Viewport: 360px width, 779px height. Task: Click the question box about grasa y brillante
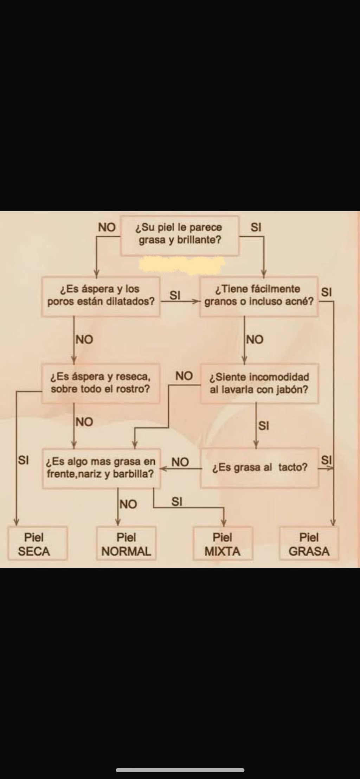(180, 235)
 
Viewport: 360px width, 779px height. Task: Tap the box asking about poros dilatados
(101, 296)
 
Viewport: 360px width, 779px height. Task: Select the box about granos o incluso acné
(259, 296)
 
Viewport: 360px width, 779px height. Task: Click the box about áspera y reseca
(101, 383)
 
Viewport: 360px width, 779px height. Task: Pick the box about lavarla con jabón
(259, 383)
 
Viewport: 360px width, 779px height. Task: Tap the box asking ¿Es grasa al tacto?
(260, 468)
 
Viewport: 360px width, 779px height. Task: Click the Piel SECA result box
(38, 543)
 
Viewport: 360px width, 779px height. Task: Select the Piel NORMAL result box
(126, 543)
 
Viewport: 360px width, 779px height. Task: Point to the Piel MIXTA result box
(223, 543)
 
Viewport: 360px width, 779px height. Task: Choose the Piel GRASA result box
(309, 543)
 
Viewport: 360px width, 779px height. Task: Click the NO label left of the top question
(107, 228)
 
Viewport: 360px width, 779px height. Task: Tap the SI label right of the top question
(256, 228)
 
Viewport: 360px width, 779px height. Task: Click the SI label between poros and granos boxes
(175, 295)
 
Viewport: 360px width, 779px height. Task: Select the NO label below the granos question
(255, 340)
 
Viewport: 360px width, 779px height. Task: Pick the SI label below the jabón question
(264, 426)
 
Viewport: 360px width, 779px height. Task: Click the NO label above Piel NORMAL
(128, 504)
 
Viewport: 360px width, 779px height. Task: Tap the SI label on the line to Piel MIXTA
(177, 502)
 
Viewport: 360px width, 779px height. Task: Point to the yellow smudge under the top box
(182, 264)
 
